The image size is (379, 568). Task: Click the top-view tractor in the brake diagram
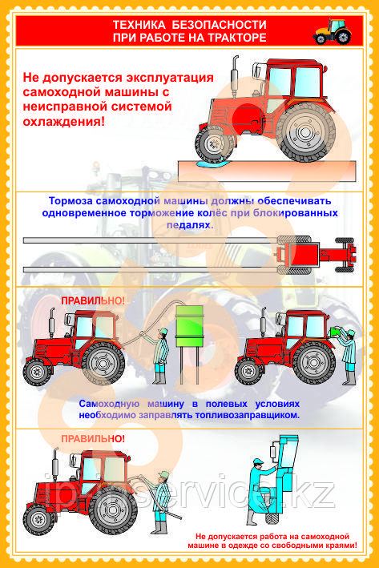click(x=316, y=254)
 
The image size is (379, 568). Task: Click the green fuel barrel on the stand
click(x=189, y=325)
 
